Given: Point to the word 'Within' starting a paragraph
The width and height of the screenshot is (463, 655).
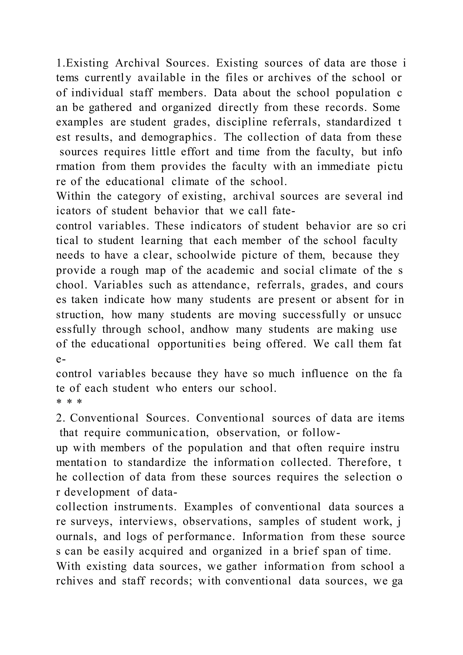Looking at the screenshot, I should (x=73, y=197).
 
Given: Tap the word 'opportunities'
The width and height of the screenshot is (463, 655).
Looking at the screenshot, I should (x=191, y=344).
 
